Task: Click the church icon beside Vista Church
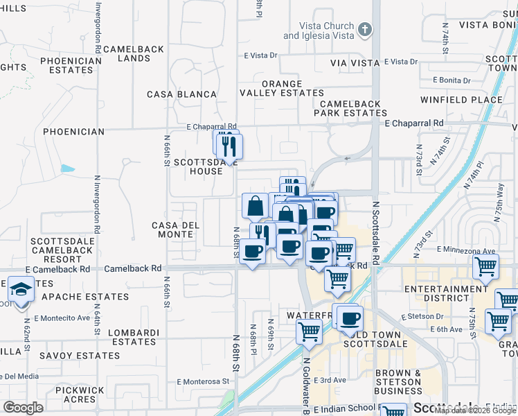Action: coord(366,30)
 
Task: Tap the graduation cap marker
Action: coord(21,289)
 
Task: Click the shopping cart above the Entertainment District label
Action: coord(486,266)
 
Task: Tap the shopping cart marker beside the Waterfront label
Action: coord(309,331)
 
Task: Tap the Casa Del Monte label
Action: coord(176,229)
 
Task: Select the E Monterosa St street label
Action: coord(202,381)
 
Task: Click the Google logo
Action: coord(24,407)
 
